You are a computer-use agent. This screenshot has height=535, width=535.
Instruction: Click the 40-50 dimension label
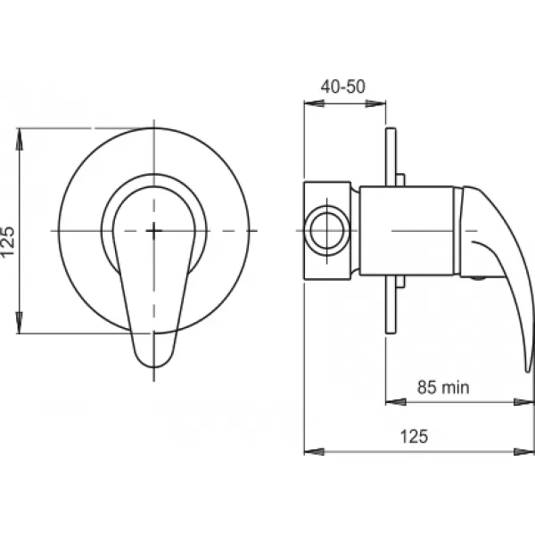click(x=343, y=86)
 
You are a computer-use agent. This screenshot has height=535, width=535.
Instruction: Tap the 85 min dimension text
click(x=443, y=387)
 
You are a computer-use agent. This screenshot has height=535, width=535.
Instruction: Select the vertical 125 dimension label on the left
click(x=8, y=242)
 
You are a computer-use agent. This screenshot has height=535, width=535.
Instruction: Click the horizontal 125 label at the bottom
click(x=414, y=436)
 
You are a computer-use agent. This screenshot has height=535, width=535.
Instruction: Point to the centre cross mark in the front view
click(x=154, y=231)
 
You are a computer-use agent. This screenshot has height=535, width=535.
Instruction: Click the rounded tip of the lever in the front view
click(x=153, y=366)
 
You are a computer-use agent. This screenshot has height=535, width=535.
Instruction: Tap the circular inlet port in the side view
click(x=327, y=231)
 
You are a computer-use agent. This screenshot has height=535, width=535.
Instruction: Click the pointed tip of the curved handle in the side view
click(x=528, y=371)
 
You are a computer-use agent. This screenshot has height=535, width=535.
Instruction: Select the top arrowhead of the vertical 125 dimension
click(x=20, y=139)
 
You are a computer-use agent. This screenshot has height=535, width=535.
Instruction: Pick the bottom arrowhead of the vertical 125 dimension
click(x=20, y=323)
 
